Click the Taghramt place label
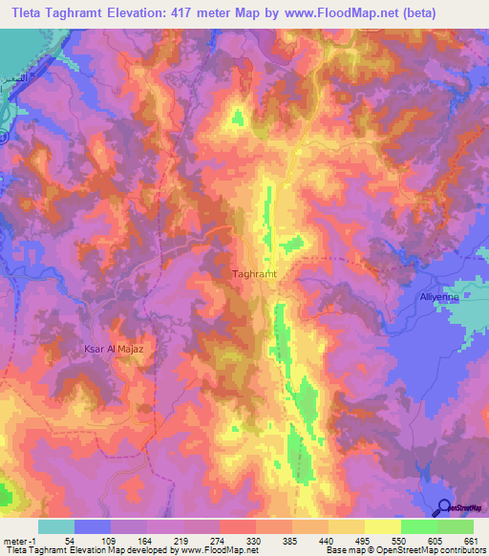(x=254, y=274)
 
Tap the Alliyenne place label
(x=440, y=297)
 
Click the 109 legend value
(x=111, y=541)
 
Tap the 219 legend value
(x=183, y=541)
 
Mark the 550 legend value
(x=401, y=541)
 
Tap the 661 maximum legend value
(x=471, y=541)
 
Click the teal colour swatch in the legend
(x=56, y=526)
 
